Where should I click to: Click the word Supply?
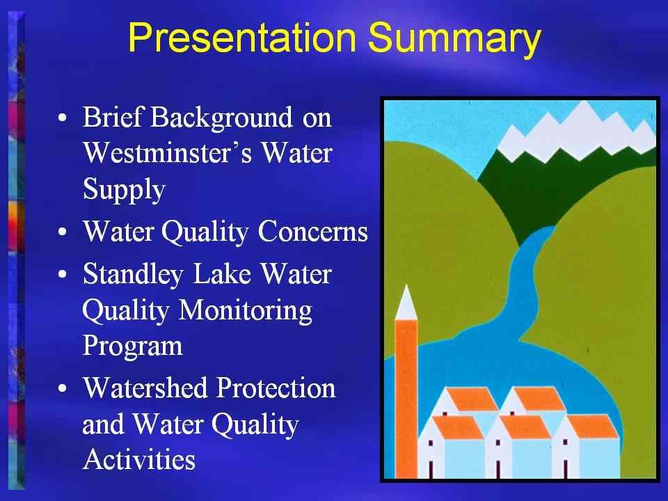point(124,189)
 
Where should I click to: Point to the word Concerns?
point(312,232)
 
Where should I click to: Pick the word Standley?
point(133,274)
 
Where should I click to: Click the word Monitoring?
point(246,312)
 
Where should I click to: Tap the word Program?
point(132,347)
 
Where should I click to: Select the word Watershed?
point(145,388)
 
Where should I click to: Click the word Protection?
point(276,388)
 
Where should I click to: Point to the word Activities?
point(139,459)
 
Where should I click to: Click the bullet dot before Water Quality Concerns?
point(63,232)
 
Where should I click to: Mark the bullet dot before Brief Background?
point(63,118)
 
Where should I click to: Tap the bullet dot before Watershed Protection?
point(63,388)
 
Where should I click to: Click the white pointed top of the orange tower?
point(406,304)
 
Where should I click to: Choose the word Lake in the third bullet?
point(222,274)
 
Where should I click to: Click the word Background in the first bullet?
point(221,118)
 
